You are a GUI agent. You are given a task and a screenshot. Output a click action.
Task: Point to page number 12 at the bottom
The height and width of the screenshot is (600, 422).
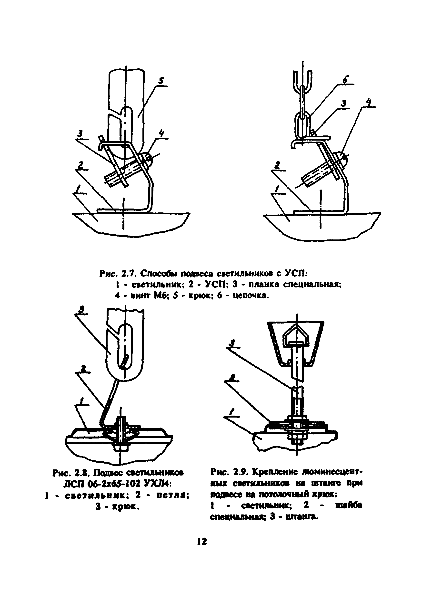tap(201, 541)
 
